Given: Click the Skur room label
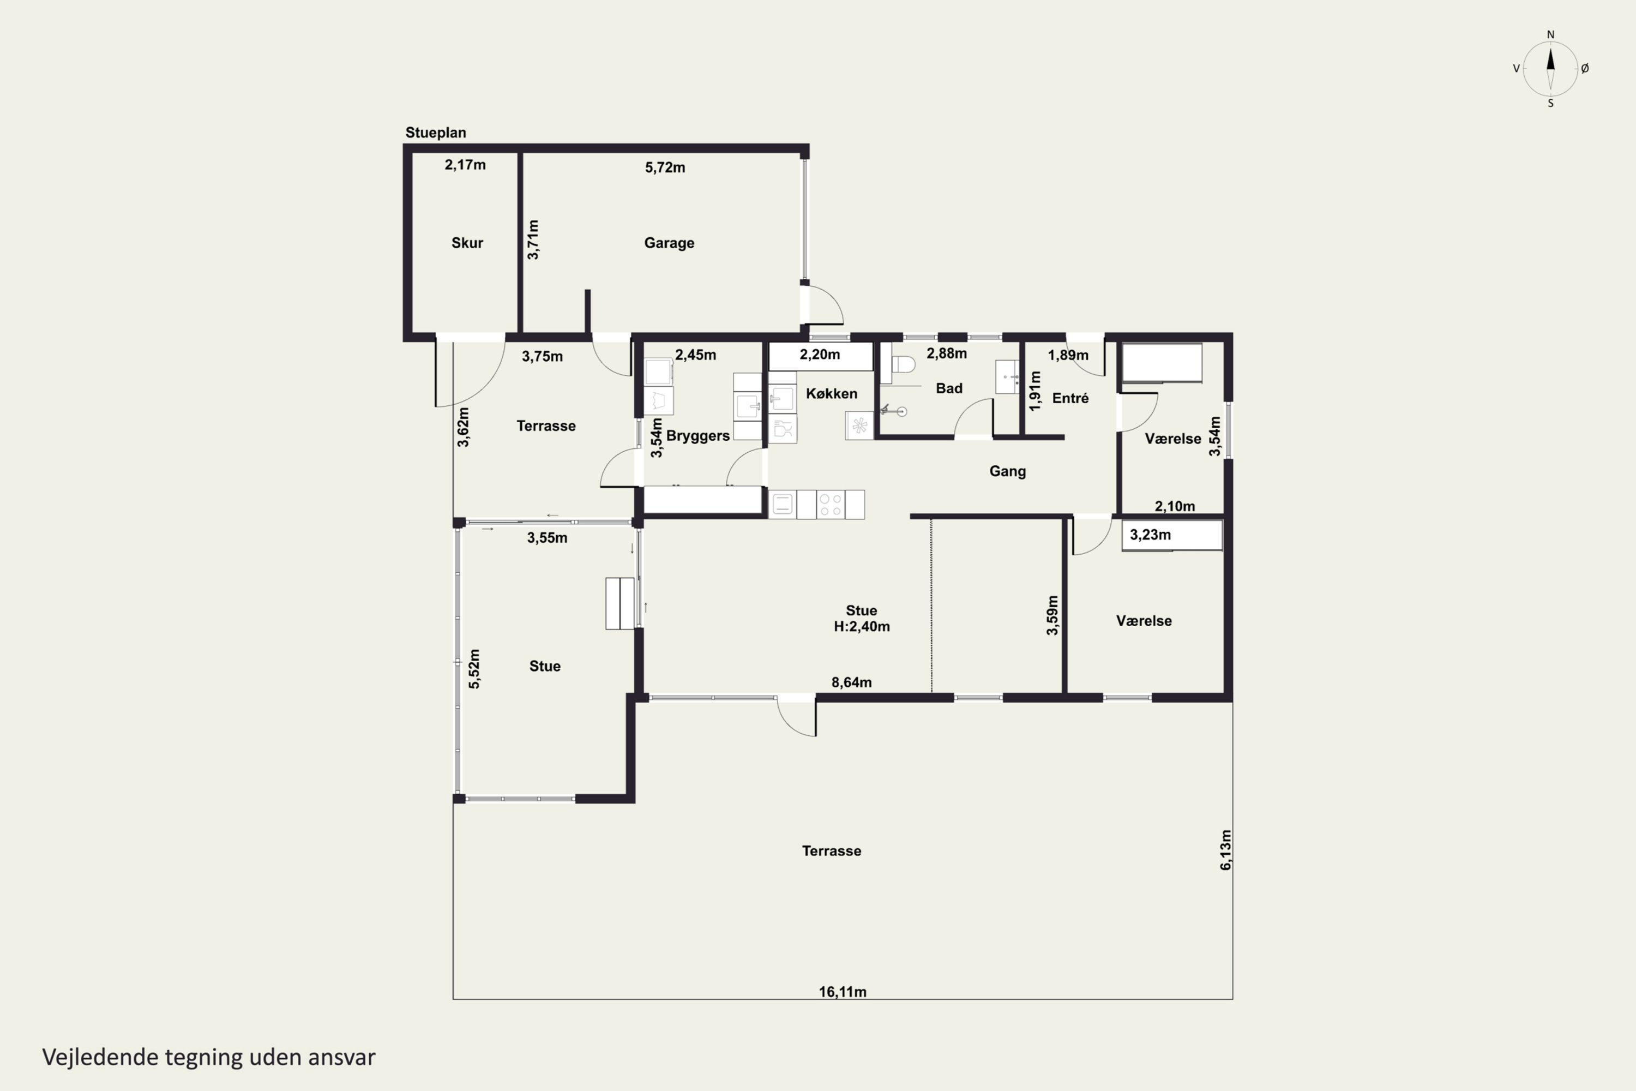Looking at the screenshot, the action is [467, 243].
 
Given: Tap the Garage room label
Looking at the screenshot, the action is [669, 243].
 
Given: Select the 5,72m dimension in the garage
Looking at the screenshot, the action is [665, 167].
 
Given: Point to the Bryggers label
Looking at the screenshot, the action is [697, 436].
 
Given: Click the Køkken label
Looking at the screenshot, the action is [831, 394].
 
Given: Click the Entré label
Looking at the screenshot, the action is [1070, 398].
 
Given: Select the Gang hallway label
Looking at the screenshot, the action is [1007, 472].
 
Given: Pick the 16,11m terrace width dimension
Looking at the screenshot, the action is [843, 992].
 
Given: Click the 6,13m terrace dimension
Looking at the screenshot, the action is [1225, 849].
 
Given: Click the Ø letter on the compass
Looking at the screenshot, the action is [1585, 68].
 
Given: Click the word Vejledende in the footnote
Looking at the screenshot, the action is [100, 1057].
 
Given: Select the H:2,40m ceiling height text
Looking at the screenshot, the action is [862, 627].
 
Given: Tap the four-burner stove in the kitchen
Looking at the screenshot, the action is [831, 505].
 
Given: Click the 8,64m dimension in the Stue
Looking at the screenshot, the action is [851, 682].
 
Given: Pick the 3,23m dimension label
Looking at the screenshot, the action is [1150, 535].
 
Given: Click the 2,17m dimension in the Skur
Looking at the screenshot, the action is [465, 165].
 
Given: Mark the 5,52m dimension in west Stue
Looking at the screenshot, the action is [474, 669].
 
